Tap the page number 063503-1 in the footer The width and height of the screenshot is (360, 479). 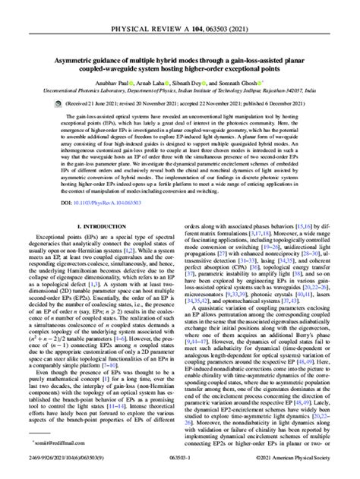coord(180,469)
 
